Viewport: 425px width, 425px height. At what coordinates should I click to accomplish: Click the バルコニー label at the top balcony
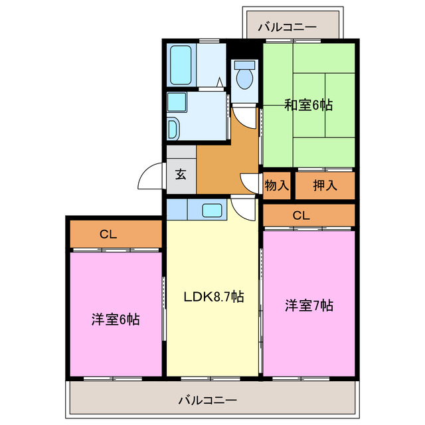(x=287, y=27)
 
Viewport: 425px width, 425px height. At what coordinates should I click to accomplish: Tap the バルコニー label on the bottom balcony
(x=207, y=400)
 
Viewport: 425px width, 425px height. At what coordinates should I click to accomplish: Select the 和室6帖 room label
(x=309, y=105)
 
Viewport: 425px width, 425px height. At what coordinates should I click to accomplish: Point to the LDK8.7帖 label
(x=213, y=296)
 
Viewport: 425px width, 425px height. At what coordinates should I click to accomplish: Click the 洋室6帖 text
(x=116, y=319)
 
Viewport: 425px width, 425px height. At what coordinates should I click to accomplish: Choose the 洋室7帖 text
(x=309, y=305)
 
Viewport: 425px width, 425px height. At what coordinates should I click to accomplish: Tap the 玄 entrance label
(x=181, y=175)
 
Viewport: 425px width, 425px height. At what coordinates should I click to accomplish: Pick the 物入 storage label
(x=276, y=185)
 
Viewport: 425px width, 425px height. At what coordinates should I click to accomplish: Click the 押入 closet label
(x=324, y=185)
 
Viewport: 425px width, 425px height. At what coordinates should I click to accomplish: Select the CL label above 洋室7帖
(x=301, y=215)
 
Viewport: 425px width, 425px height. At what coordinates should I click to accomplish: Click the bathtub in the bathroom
(x=181, y=64)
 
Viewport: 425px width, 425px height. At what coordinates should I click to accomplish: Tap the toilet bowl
(x=245, y=76)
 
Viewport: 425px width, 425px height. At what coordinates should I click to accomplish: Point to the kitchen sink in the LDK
(x=212, y=211)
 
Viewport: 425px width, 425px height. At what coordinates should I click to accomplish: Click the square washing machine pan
(x=177, y=102)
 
